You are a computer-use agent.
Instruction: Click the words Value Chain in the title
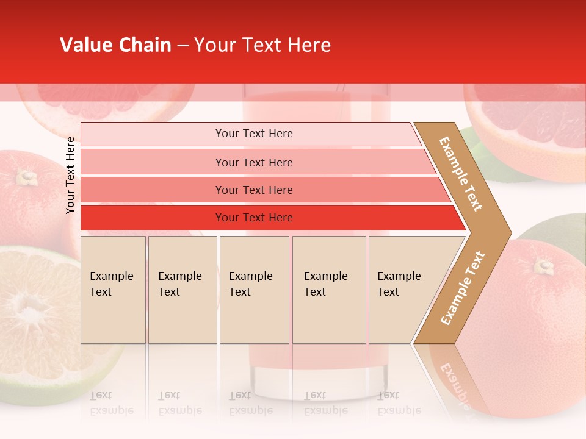(115, 45)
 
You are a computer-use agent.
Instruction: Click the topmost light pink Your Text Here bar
(254, 134)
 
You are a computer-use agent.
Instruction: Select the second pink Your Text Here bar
(254, 162)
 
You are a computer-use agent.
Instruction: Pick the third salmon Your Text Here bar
(254, 190)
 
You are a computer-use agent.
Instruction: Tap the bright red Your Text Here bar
(254, 218)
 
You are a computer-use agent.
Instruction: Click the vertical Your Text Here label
(70, 175)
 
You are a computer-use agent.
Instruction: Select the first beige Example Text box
(113, 290)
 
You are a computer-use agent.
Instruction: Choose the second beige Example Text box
(183, 290)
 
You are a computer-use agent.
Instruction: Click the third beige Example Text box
(254, 290)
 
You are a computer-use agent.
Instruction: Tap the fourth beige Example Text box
(329, 290)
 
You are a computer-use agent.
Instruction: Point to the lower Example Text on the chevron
(462, 288)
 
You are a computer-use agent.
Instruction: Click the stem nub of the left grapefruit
(26, 177)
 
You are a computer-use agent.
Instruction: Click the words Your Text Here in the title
(262, 45)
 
